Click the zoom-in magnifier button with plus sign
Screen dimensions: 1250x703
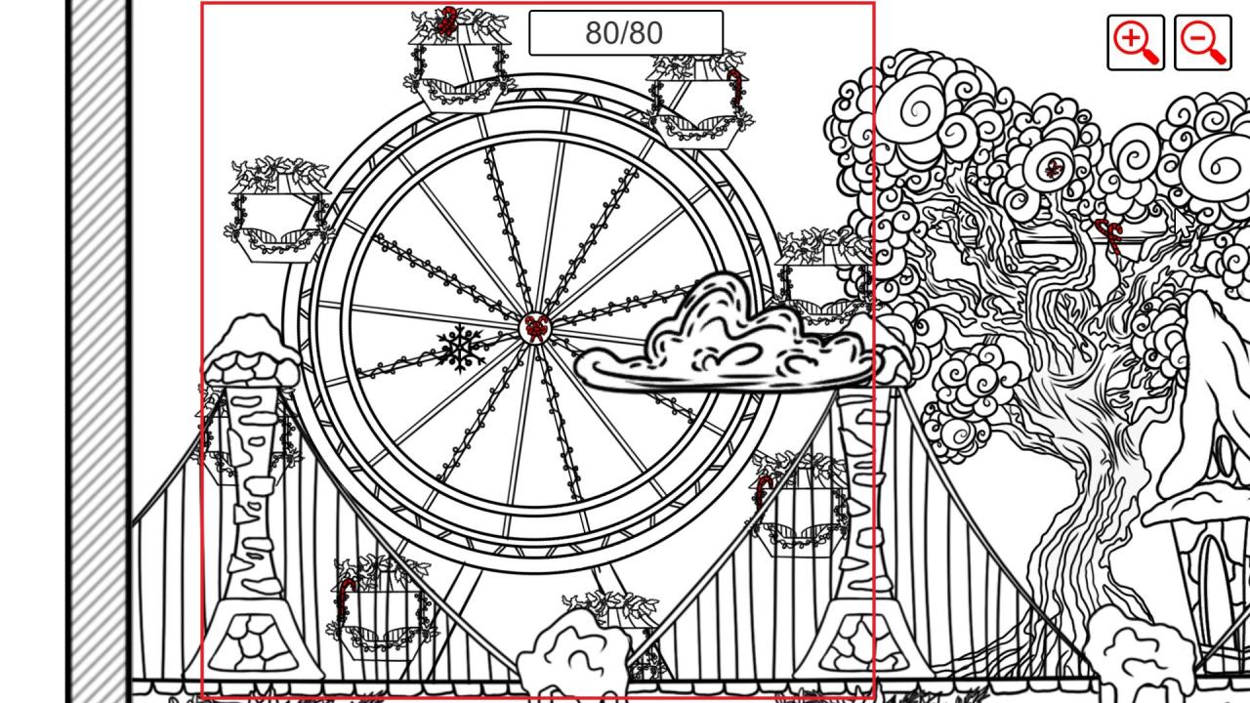(x=1136, y=42)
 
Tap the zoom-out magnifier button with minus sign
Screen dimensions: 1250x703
(x=1202, y=42)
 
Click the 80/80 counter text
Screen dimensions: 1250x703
(x=624, y=33)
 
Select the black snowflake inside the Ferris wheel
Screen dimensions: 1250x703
(x=460, y=349)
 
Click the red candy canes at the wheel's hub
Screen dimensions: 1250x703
(x=536, y=329)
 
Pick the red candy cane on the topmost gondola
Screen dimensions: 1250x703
(x=446, y=21)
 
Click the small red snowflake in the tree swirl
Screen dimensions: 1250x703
(x=1054, y=169)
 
